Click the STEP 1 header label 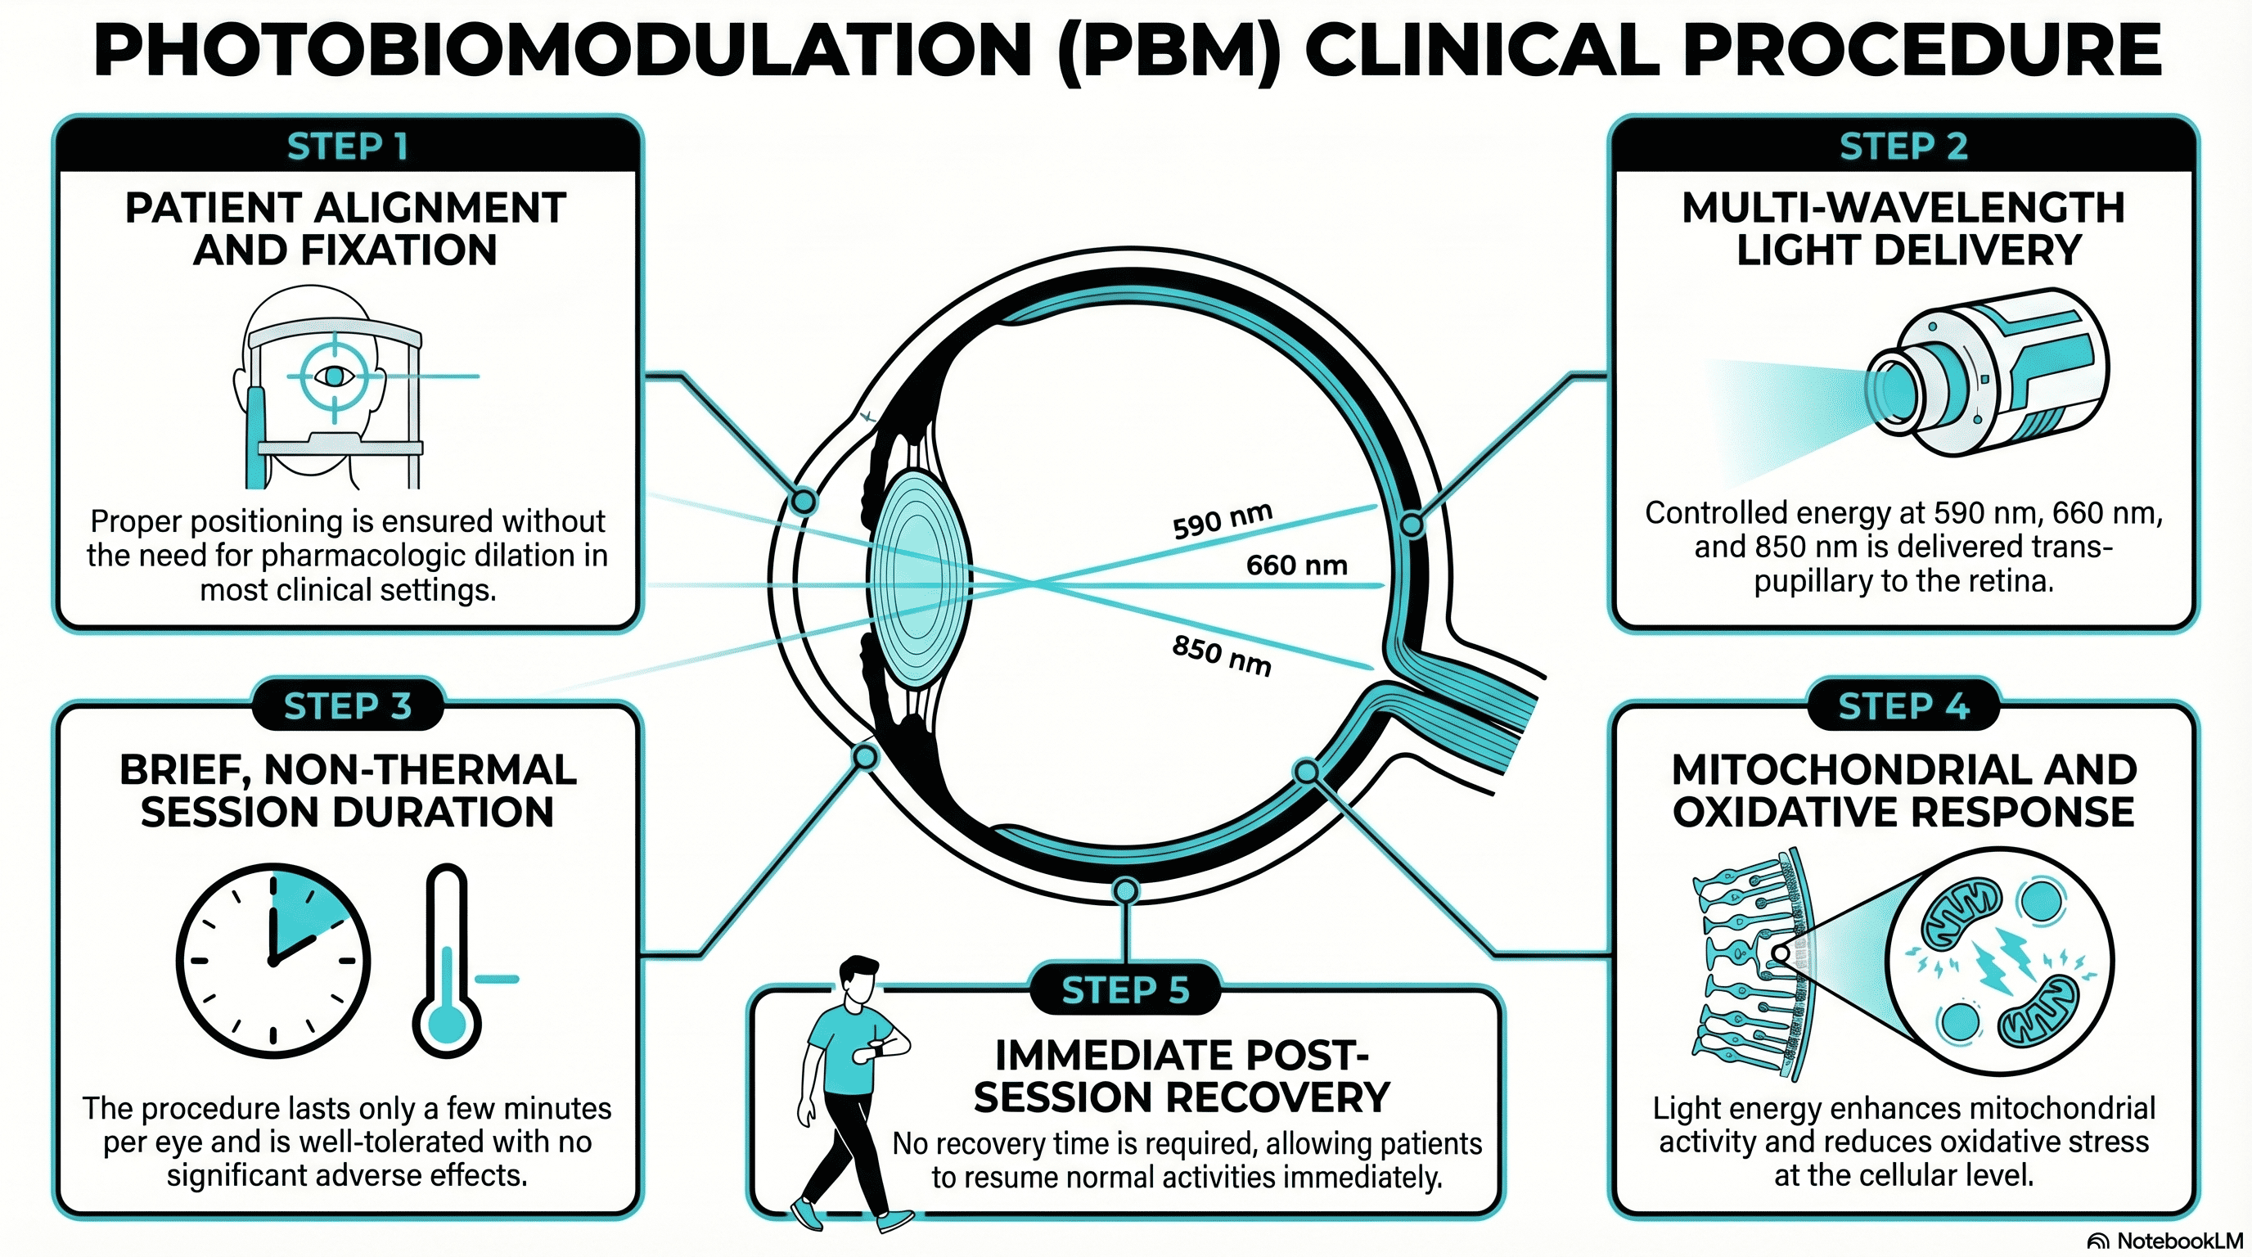click(347, 146)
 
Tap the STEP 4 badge click(1903, 705)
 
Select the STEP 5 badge click(1125, 990)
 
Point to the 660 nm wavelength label click(1296, 565)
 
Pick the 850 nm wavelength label click(1221, 656)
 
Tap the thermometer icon click(448, 962)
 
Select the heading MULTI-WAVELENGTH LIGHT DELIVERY click(1903, 228)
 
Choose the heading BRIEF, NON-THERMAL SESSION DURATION click(347, 791)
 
